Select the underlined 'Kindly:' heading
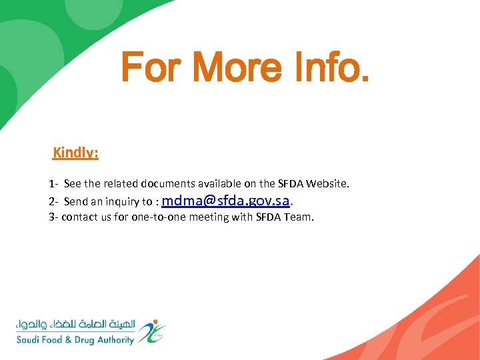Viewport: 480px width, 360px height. tap(76, 153)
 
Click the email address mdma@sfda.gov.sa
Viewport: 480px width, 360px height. tap(225, 200)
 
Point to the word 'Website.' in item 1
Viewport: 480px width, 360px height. tap(327, 183)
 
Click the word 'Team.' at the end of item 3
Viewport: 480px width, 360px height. tap(299, 217)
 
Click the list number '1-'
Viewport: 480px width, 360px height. tap(53, 183)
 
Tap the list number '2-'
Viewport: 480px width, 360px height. tap(53, 201)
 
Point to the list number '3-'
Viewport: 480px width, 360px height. tap(53, 217)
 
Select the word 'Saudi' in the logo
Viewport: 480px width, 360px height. tap(31, 340)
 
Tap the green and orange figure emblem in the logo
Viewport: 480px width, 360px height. tap(154, 331)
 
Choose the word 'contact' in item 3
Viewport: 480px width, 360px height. tap(78, 217)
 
